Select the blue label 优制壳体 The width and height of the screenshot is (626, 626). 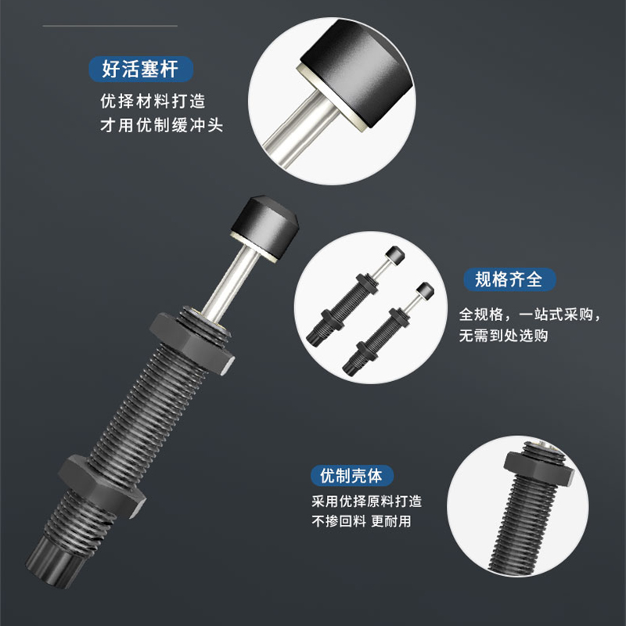351,475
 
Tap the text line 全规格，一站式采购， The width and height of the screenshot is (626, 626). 530,315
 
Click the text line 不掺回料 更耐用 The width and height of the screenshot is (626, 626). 361,522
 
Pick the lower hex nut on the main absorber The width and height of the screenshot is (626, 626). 103,484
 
